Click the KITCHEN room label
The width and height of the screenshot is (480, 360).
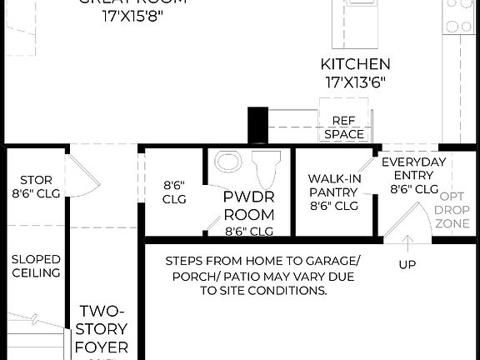coord(356,64)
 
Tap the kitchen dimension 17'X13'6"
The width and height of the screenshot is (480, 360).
coord(356,82)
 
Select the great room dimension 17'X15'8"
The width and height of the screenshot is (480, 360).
coord(132,14)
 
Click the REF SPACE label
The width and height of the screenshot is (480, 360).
coord(344,127)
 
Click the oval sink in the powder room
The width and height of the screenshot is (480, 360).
coord(227,160)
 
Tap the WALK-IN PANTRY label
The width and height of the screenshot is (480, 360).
coord(333,192)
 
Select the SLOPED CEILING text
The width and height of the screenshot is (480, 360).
coord(36,266)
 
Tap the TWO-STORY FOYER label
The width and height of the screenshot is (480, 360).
coord(101,328)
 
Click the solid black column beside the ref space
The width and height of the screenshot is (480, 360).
coord(256,125)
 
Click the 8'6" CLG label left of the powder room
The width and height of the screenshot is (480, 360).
coord(173,192)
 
